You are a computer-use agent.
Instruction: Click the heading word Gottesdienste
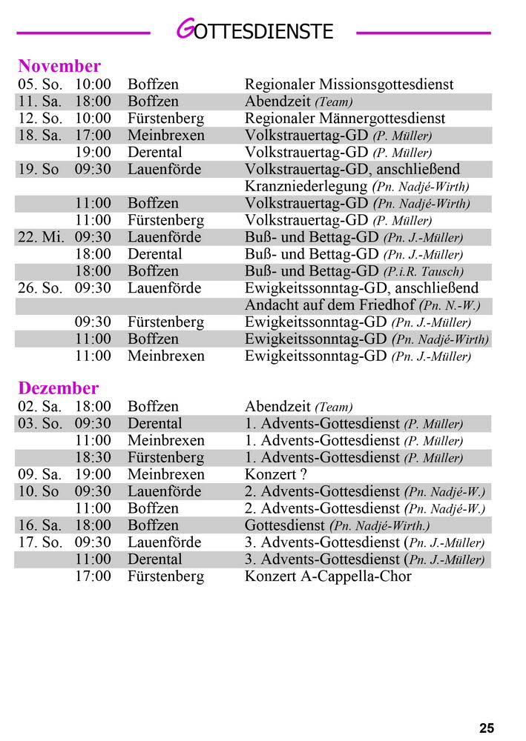pos(254,31)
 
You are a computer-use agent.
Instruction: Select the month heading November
pos(59,66)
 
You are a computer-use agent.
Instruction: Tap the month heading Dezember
pos(58,388)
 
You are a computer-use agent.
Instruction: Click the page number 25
pos(487,728)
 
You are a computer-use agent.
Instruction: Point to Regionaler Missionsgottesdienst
pos(349,84)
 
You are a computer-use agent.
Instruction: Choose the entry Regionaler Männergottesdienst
pos(345,119)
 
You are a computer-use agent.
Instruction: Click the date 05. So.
pos(40,84)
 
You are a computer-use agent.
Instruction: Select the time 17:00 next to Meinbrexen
pos(93,136)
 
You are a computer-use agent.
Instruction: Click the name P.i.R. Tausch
pos(433,272)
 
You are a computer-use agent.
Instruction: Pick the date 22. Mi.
pos(41,237)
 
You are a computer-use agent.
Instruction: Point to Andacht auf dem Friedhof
pos(329,305)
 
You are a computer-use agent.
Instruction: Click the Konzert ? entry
pos(276,474)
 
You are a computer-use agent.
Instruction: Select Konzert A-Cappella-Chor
pos(328,576)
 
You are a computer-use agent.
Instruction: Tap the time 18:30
pos(93,457)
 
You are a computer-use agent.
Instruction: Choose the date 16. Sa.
pos(40,525)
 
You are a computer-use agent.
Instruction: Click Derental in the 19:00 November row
pos(154,153)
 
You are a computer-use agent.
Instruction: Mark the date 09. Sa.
pos(40,474)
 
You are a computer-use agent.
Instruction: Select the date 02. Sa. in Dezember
pos(40,407)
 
